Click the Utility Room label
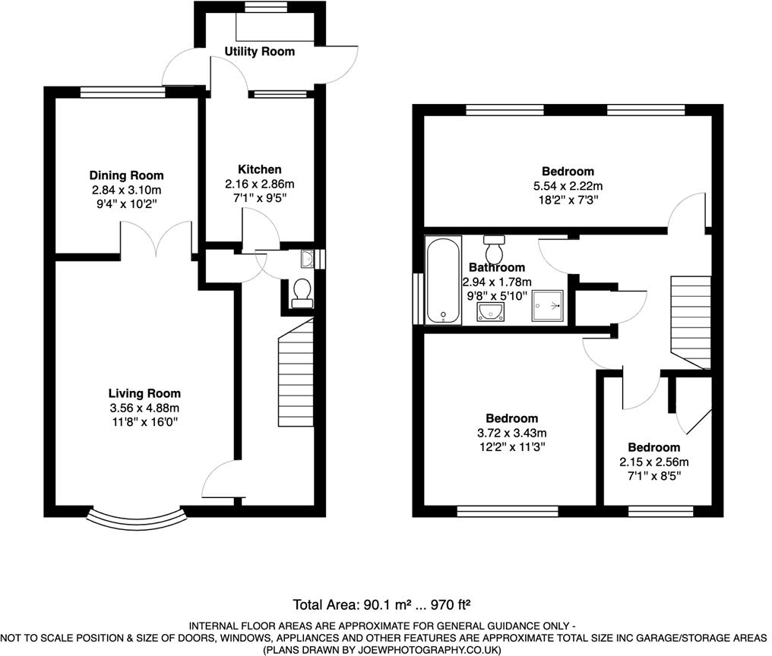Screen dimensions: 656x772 pos(260,52)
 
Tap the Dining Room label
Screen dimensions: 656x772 pos(126,175)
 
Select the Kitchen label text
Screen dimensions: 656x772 pos(260,169)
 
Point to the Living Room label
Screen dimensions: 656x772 pos(144,393)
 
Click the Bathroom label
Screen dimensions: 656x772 pos(497,267)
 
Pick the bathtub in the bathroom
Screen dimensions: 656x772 pos(443,281)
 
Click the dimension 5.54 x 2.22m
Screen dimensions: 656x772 pos(568,186)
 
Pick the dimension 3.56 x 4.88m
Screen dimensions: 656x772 pos(144,408)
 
